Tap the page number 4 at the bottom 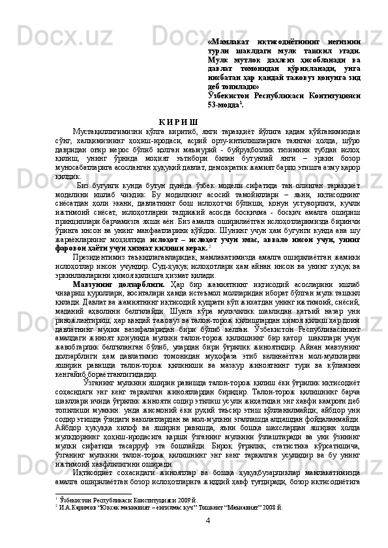[207, 538]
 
